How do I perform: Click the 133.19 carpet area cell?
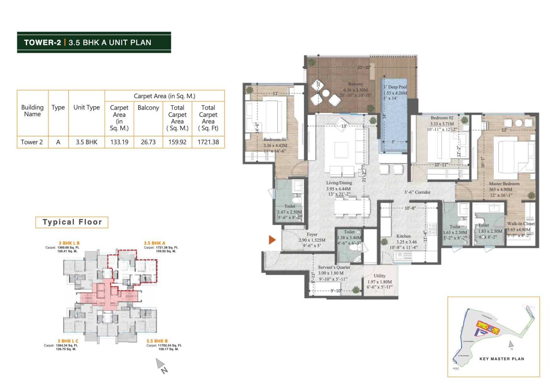click(x=119, y=142)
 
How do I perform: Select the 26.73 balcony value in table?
click(x=148, y=142)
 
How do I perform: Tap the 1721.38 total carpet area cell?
click(x=208, y=142)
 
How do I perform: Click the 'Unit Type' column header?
click(x=87, y=107)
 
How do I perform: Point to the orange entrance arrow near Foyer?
click(x=272, y=240)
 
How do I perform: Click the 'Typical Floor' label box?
click(x=72, y=222)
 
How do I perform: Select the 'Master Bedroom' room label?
click(x=504, y=184)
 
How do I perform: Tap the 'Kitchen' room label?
click(x=403, y=236)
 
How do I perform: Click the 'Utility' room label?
click(x=379, y=276)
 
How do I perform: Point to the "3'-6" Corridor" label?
click(x=417, y=192)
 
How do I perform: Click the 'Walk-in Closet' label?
click(x=521, y=224)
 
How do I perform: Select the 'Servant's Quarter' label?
click(x=334, y=267)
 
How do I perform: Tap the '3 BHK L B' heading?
click(x=69, y=243)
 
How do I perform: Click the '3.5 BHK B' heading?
click(x=157, y=341)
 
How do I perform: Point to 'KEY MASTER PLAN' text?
click(x=501, y=359)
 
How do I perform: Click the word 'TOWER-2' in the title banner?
click(x=42, y=43)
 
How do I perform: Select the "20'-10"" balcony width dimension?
click(x=364, y=67)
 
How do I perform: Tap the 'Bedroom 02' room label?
click(x=442, y=118)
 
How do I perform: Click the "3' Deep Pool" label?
click(x=395, y=87)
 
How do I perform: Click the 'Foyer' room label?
click(x=312, y=234)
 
